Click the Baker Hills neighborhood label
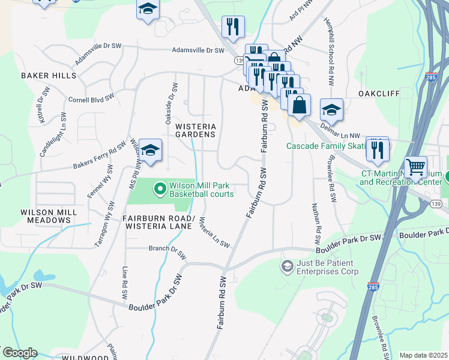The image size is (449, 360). [x=49, y=76]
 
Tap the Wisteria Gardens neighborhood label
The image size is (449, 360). [x=194, y=130]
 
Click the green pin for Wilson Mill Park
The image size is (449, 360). [x=160, y=190]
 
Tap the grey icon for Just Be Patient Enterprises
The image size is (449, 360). [x=288, y=265]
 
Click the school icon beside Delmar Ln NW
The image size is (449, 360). [x=331, y=110]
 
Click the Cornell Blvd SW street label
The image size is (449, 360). [x=91, y=99]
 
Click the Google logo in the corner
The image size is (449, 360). [x=19, y=353]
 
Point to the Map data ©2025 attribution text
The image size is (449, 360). [x=422, y=355]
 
